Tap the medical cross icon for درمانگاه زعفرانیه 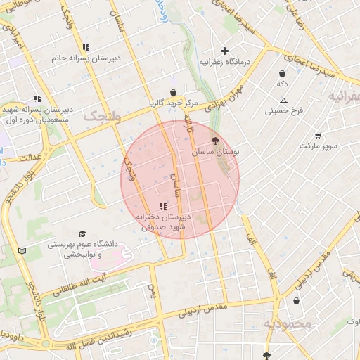[x=224, y=51]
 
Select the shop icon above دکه [x=282, y=73]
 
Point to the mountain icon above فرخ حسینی [x=283, y=101]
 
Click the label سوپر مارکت [x=318, y=146]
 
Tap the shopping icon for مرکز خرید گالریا [x=173, y=92]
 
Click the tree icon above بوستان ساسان [x=214, y=141]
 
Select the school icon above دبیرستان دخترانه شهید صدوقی [x=163, y=206]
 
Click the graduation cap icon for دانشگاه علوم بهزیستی [x=82, y=234]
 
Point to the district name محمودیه [x=287, y=324]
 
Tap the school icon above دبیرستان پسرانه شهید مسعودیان [x=37, y=99]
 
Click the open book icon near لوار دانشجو [x=22, y=250]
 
